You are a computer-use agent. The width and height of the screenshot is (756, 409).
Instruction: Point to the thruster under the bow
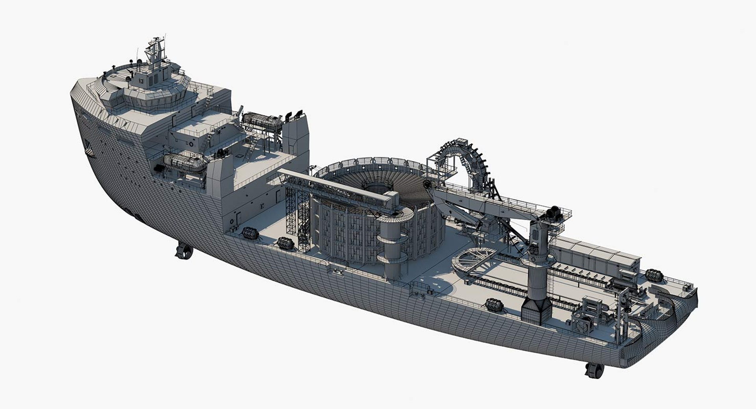click(x=183, y=251)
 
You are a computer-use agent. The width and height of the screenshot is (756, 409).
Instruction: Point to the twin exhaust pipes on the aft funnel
click(x=294, y=114)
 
